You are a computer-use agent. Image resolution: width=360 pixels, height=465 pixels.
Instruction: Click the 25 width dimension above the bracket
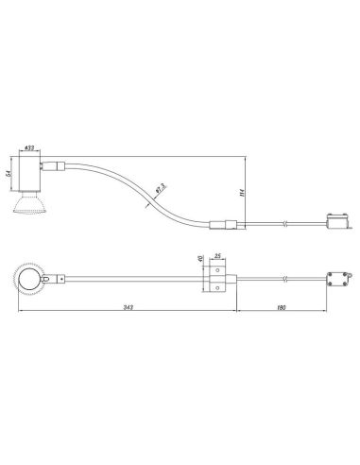[x=217, y=257]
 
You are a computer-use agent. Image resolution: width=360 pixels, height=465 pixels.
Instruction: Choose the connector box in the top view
[x=334, y=279]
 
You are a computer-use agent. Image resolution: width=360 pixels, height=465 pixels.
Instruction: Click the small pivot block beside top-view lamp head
[x=60, y=279]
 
